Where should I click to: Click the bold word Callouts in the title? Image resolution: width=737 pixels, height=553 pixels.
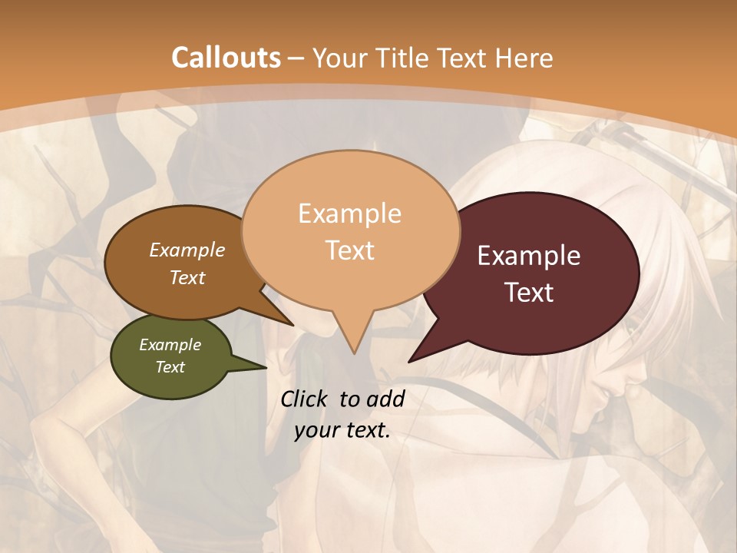[226, 58]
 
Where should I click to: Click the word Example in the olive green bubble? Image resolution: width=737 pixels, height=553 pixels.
[170, 345]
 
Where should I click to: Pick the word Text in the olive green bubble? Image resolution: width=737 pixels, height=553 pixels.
[170, 367]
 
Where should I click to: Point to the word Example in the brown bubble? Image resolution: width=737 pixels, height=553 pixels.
[187, 250]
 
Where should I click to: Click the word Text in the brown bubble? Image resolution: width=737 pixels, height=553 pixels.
[187, 277]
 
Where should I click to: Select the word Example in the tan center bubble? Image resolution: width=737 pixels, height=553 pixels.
[349, 214]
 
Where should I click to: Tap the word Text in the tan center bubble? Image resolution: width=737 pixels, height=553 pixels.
[349, 250]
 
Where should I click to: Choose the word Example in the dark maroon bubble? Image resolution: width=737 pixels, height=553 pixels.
[529, 256]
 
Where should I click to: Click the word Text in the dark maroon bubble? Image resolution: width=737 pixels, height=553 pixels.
[529, 293]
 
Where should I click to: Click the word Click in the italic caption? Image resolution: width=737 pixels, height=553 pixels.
[305, 399]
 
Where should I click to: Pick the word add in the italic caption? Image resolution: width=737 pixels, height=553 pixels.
[385, 399]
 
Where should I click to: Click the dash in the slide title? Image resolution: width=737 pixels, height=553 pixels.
[296, 59]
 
